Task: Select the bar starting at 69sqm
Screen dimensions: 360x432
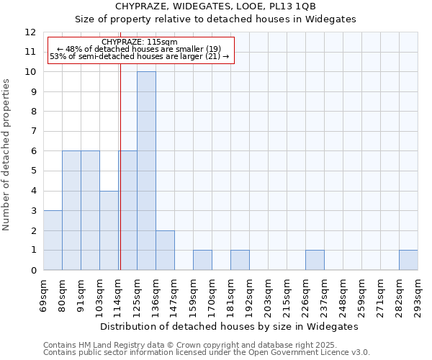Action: point(53,240)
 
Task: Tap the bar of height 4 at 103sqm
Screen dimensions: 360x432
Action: point(109,230)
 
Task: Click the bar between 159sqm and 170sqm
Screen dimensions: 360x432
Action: point(202,260)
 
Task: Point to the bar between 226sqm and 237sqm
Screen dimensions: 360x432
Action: point(315,260)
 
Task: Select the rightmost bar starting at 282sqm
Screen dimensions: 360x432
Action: point(408,260)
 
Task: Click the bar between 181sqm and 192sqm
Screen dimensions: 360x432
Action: point(240,260)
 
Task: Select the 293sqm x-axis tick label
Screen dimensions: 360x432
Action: point(418,294)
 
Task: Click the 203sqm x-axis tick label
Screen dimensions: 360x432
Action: point(268,294)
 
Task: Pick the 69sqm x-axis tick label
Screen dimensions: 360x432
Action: point(43,294)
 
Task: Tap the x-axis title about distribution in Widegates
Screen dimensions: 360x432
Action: point(229,326)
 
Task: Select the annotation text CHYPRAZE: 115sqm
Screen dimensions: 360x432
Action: point(140,42)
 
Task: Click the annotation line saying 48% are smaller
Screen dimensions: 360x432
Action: point(140,49)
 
